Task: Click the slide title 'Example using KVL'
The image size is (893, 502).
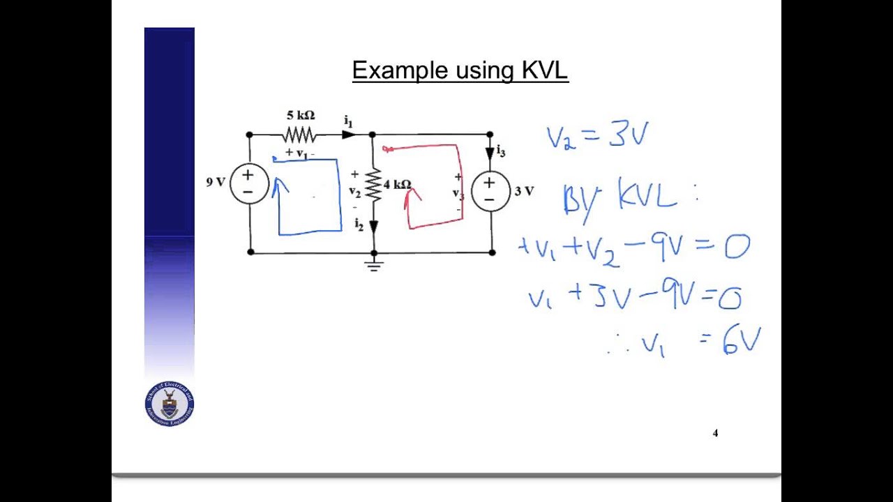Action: (x=460, y=70)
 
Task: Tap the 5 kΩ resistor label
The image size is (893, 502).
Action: (x=301, y=115)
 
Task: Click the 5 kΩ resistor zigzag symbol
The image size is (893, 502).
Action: (x=299, y=135)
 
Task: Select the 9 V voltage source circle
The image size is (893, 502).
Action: (x=249, y=183)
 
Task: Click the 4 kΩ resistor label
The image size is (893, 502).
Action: (x=397, y=185)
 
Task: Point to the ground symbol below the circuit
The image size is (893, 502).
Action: (x=374, y=264)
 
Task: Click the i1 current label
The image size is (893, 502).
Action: (x=348, y=121)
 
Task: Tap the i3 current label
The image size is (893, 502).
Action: (x=500, y=152)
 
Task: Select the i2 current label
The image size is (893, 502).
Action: (x=359, y=225)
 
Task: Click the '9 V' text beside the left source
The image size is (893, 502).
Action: (x=216, y=182)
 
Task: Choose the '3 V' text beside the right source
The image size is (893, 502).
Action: (x=524, y=190)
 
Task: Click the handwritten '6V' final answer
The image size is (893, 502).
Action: (x=741, y=342)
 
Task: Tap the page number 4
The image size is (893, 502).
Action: (x=715, y=433)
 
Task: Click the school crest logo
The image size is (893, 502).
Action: (x=170, y=404)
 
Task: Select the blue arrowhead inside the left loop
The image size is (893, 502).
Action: (x=280, y=185)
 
